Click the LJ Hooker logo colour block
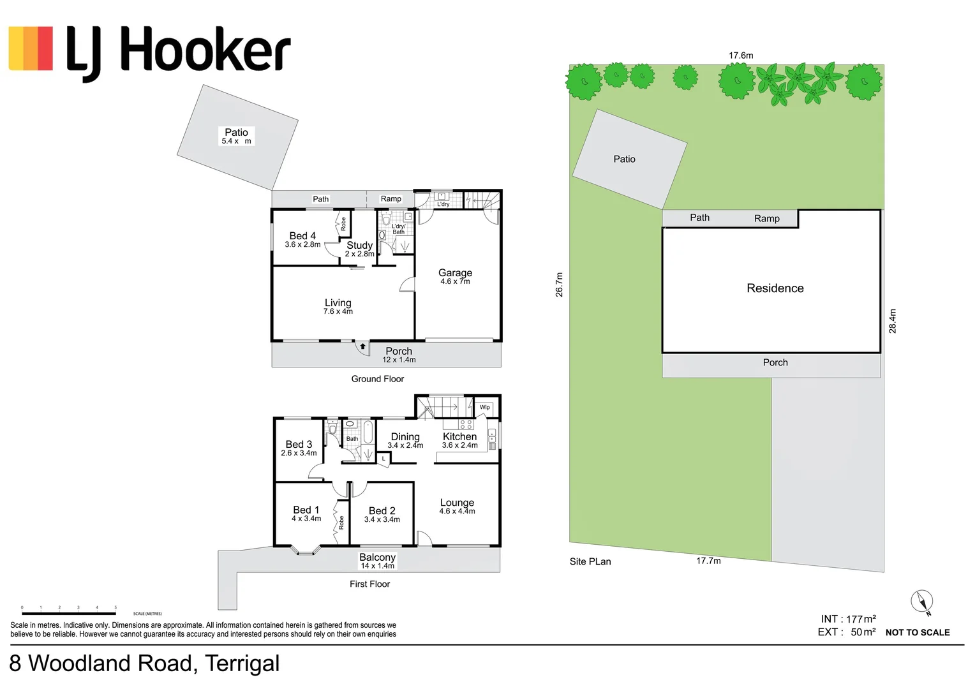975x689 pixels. point(31,48)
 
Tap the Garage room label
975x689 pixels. point(455,273)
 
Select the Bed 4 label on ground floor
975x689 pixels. point(302,236)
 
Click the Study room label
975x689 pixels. point(359,246)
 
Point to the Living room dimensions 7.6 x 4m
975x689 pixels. point(338,312)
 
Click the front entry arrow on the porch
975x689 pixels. point(362,346)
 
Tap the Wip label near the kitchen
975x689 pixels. point(485,407)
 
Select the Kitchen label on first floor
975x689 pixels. point(459,437)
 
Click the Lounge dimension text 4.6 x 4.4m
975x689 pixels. point(457,512)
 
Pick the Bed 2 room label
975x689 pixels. point(382,511)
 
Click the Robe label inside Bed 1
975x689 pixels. point(341,522)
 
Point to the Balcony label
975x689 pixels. point(377,558)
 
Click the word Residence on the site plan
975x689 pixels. point(775,288)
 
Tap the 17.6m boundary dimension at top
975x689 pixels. point(741,56)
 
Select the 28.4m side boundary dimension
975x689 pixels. point(892,321)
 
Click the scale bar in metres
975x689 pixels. point(69,613)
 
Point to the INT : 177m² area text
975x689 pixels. point(847,619)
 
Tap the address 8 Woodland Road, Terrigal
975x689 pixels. point(144,663)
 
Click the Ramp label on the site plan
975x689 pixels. point(766,218)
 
